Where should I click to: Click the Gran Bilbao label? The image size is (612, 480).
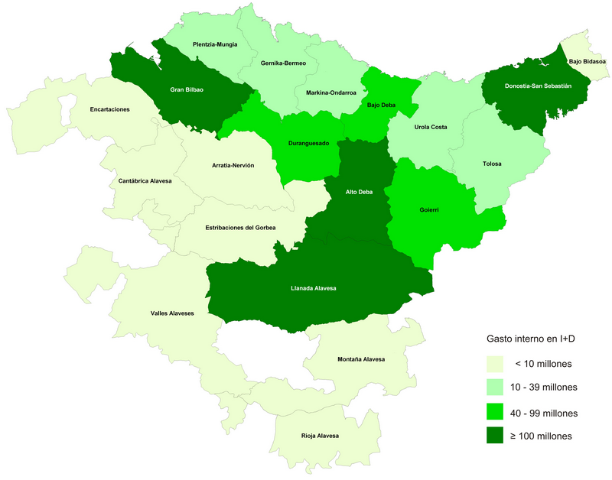187,89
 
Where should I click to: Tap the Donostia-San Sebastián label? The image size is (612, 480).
539,86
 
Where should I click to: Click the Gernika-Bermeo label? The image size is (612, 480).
283,63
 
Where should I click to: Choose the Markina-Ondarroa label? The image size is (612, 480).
330,92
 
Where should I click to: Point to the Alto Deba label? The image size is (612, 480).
359,192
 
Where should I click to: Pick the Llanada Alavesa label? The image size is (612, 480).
314,288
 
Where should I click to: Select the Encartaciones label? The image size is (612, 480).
109,109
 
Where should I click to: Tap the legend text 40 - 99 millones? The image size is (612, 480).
544,413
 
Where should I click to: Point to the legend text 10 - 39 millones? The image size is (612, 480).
544,388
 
